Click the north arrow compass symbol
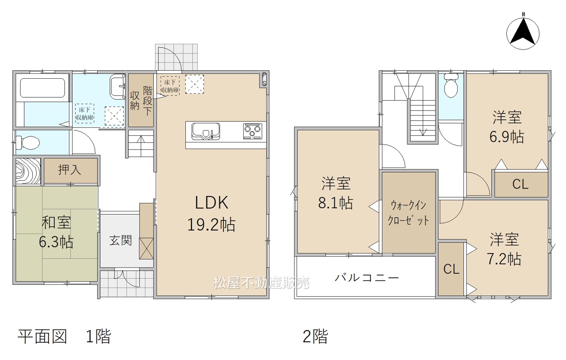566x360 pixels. point(523,34)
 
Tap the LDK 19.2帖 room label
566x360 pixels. point(211,213)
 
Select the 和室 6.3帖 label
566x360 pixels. point(56,232)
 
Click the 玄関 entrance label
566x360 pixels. point(121,241)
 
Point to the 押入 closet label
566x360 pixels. point(69,169)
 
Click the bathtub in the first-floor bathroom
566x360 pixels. point(42,88)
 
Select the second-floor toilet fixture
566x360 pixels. point(451,85)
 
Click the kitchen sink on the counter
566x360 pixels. point(206,131)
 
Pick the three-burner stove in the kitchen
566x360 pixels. point(252,131)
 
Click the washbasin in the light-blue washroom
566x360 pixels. point(118,87)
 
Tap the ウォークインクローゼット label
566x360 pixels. point(408,213)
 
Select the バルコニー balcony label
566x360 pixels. point(367,278)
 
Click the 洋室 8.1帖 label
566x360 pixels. point(336,193)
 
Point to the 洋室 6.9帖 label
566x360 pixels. point(507,127)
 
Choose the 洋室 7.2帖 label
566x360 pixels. point(505,249)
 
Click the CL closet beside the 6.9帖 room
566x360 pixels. point(520,184)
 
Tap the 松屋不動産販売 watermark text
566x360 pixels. point(261,283)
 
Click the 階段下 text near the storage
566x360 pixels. point(148,101)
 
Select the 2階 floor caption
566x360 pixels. point(315,337)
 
